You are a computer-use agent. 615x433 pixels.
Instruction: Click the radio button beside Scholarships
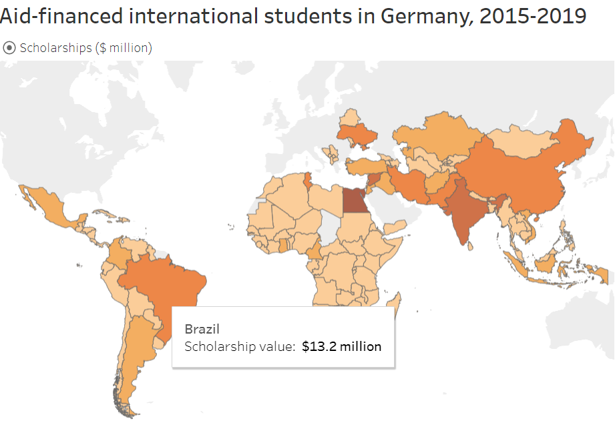(x=9, y=48)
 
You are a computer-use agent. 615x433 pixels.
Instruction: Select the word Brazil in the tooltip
(x=202, y=329)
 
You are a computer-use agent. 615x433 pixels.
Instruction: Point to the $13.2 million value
(x=342, y=347)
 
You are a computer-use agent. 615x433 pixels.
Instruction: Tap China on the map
(x=521, y=173)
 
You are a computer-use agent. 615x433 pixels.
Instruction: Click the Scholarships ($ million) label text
(x=86, y=48)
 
